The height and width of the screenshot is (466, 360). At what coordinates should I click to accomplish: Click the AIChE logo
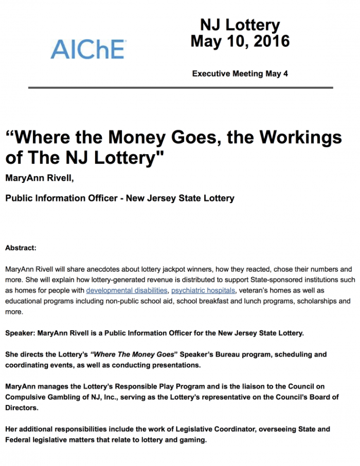click(x=87, y=49)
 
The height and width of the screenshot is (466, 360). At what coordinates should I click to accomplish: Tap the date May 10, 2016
click(x=240, y=41)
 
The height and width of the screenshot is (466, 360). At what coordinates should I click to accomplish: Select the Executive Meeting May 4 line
click(x=240, y=73)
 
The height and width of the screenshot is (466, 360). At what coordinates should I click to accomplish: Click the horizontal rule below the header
click(x=181, y=88)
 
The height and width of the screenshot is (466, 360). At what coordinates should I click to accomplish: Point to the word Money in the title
click(x=137, y=138)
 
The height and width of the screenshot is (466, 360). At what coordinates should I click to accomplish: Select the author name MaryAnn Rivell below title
click(x=35, y=178)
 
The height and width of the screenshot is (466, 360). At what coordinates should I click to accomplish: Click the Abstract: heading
click(x=21, y=248)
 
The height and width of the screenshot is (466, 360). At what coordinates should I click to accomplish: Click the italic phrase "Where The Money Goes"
click(x=129, y=355)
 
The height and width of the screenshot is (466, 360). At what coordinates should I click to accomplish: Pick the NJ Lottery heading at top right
click(x=240, y=25)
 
